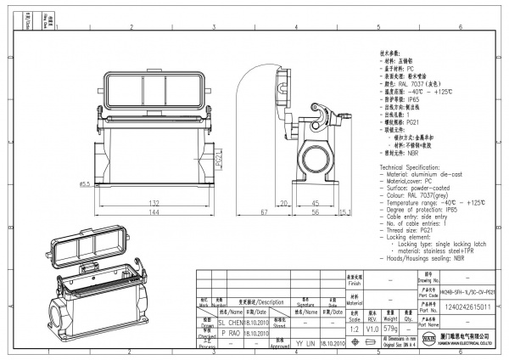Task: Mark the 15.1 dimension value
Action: [x=346, y=212]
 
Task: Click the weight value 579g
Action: [x=391, y=328]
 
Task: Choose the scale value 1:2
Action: [x=352, y=328]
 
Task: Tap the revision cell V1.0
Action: [x=372, y=328]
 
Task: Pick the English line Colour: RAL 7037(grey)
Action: [x=419, y=196]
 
